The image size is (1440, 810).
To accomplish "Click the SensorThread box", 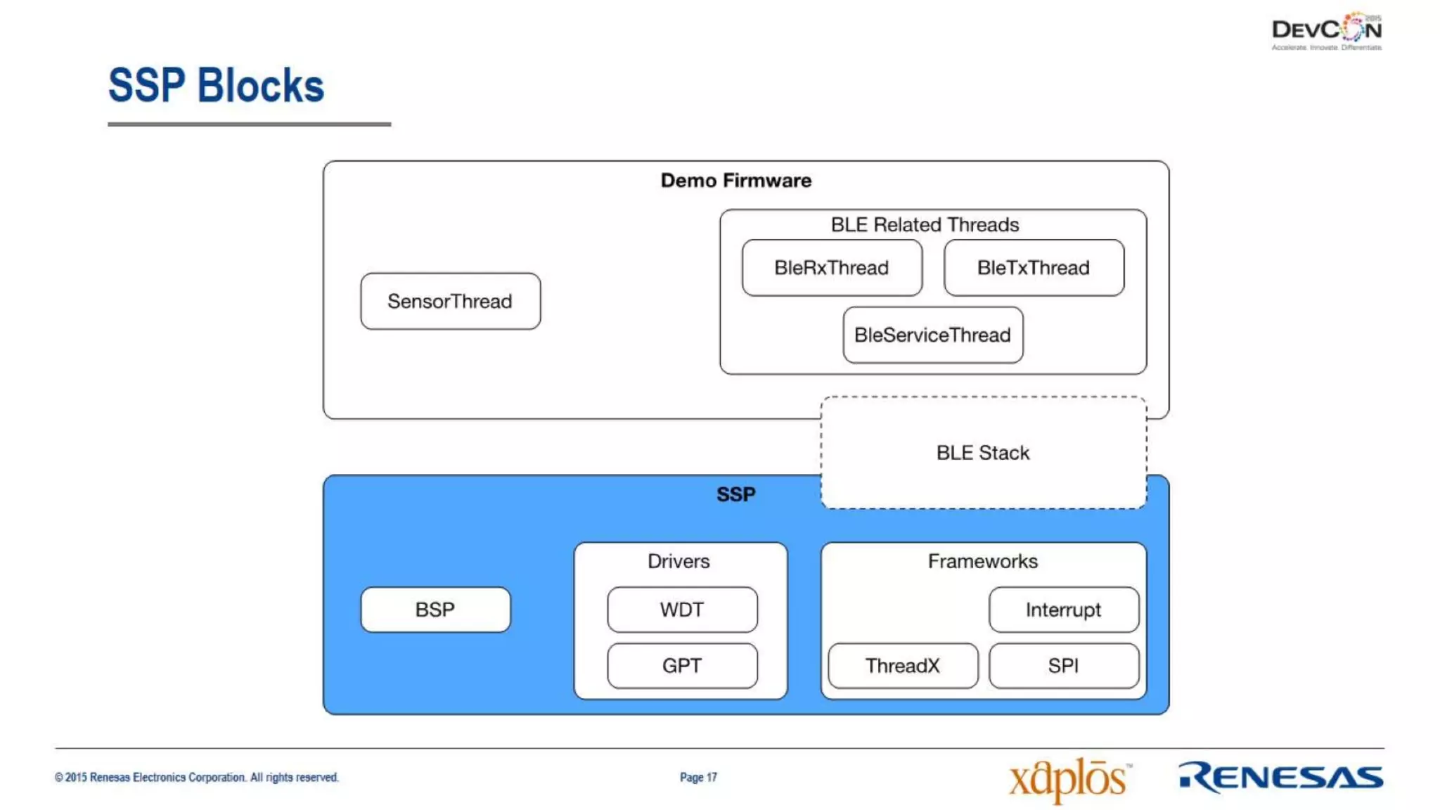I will (450, 301).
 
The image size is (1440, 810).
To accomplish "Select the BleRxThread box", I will (831, 268).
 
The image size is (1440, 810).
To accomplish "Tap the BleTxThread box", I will (1033, 268).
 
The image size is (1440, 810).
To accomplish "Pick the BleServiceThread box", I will (932, 335).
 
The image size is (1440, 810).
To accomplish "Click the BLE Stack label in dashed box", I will (982, 453).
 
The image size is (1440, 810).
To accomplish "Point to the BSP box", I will (435, 610).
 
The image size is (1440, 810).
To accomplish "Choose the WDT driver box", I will (681, 610).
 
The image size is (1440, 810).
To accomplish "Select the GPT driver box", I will (681, 665).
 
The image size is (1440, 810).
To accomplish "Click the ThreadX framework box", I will (902, 665).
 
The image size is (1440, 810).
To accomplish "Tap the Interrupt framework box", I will (1063, 610).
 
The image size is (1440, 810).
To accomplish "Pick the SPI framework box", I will (1063, 665).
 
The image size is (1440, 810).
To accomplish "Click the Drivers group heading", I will (679, 561).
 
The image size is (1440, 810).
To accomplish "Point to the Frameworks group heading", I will (982, 561).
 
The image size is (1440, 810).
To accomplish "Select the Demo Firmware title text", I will (735, 181).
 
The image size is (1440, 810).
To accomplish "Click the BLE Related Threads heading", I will (925, 224).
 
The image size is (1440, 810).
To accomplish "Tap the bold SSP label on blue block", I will (735, 494).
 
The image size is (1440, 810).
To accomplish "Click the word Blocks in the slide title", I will (260, 86).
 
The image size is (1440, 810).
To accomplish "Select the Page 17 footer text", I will (698, 777).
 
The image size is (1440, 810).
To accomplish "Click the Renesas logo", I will (1280, 777).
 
